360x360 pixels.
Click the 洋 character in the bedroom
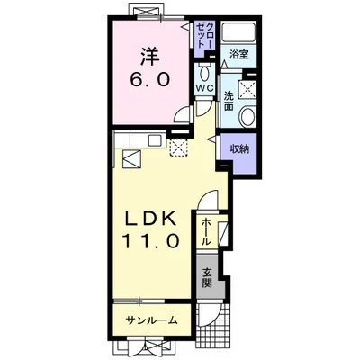[x=150, y=57]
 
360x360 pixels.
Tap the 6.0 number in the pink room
[x=150, y=80]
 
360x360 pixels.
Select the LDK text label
[x=150, y=220]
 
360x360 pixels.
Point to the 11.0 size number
[x=151, y=241]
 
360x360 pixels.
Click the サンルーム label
[x=151, y=320]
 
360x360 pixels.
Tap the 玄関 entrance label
[x=206, y=277]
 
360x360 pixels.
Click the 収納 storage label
[x=239, y=148]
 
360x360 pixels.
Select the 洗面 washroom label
[x=229, y=101]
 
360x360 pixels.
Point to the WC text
[x=204, y=88]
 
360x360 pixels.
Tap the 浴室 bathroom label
[x=238, y=55]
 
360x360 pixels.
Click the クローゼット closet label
[x=205, y=35]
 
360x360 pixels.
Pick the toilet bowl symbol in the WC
[x=205, y=72]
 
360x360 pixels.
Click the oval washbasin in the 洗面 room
[x=247, y=117]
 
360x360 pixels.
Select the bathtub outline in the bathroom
[x=238, y=33]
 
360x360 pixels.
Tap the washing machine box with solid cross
[x=247, y=89]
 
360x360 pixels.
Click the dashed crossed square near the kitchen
[x=178, y=148]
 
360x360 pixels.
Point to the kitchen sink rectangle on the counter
[x=156, y=140]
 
